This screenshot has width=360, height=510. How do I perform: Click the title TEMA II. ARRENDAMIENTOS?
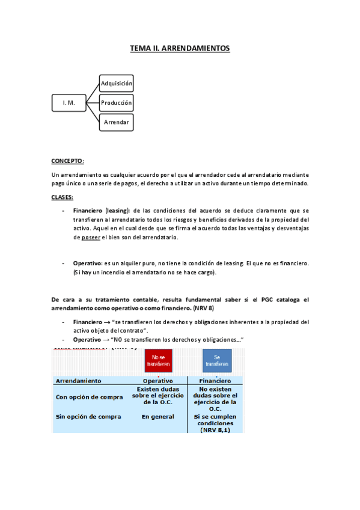pyautogui.click(x=180, y=48)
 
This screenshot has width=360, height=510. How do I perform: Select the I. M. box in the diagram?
pyautogui.click(x=69, y=103)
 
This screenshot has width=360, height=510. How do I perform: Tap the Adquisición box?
pyautogui.click(x=117, y=83)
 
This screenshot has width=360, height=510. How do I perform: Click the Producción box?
pyautogui.click(x=117, y=103)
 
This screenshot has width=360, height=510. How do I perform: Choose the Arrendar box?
pyautogui.click(x=117, y=123)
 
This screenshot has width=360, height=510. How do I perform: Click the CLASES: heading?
pyautogui.click(x=62, y=197)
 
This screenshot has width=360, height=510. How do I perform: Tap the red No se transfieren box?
pyautogui.click(x=157, y=360)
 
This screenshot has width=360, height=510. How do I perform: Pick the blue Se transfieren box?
pyautogui.click(x=217, y=360)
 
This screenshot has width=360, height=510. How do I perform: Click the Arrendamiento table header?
pyautogui.click(x=79, y=381)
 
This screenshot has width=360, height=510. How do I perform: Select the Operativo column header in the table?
pyautogui.click(x=157, y=381)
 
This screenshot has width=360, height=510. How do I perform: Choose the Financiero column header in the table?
pyautogui.click(x=215, y=381)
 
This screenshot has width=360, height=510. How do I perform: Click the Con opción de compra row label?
pyautogui.click(x=88, y=396)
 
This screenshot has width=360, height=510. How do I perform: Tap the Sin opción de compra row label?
pyautogui.click(x=88, y=416)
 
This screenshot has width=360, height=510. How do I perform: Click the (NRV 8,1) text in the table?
pyautogui.click(x=216, y=429)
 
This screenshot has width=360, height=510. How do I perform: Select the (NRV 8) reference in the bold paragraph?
pyautogui.click(x=219, y=308)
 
